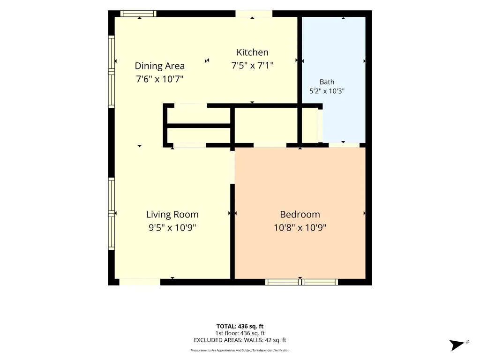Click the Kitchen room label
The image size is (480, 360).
click(x=252, y=52)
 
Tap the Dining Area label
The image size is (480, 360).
click(x=159, y=66)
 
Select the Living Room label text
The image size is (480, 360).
click(x=172, y=214)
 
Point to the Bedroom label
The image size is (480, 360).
click(x=300, y=214)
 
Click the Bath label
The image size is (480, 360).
click(x=327, y=82)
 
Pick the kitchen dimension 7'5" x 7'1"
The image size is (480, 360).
click(x=252, y=66)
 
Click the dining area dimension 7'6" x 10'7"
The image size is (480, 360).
click(x=159, y=79)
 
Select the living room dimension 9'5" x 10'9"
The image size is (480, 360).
click(x=172, y=228)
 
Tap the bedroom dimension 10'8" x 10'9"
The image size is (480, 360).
click(x=300, y=228)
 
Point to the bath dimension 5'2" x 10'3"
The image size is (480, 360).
click(x=327, y=91)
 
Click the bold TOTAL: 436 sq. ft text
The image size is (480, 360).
click(x=240, y=326)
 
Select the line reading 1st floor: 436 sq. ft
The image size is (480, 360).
click(x=240, y=333)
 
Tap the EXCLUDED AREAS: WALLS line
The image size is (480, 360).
click(x=240, y=340)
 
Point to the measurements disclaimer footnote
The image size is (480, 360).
click(x=240, y=350)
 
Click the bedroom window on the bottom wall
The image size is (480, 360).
click(x=301, y=282)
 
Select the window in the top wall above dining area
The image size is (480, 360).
click(x=138, y=14)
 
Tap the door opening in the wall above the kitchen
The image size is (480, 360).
click(x=254, y=14)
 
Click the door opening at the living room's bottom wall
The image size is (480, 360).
click(x=140, y=282)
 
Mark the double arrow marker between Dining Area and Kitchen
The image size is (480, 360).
click(x=207, y=60)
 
